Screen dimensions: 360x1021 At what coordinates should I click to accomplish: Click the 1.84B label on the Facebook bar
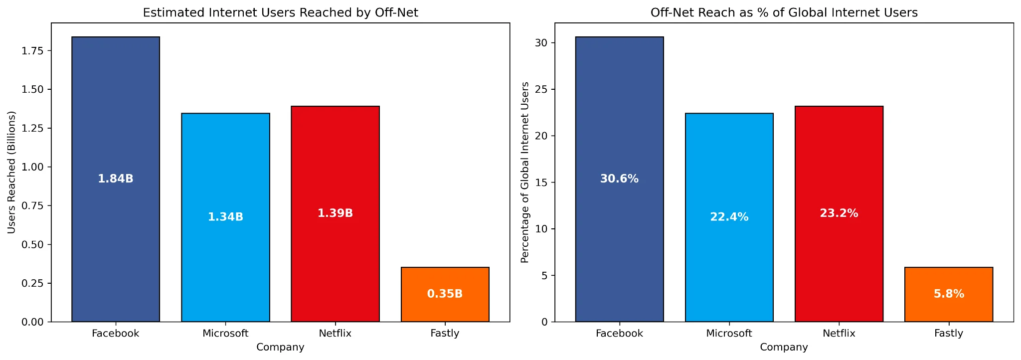tap(116, 179)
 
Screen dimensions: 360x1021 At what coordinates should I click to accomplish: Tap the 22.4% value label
tap(729, 217)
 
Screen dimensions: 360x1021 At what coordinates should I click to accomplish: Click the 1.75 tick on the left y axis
tap(33, 51)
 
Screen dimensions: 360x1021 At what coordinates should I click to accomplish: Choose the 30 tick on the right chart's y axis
tap(541, 43)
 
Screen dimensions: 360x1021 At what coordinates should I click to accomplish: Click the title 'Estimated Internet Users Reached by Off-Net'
tap(280, 12)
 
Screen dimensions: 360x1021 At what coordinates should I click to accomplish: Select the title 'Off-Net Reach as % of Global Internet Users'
tap(784, 12)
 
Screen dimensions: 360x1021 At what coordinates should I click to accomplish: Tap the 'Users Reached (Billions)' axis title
tap(11, 172)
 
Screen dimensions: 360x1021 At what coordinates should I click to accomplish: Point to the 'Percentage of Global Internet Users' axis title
tap(524, 172)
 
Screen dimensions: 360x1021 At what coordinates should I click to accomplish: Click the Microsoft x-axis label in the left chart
tap(225, 334)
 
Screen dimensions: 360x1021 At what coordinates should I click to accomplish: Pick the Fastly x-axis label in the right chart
tap(948, 334)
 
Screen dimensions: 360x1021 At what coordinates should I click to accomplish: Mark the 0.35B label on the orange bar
tap(445, 294)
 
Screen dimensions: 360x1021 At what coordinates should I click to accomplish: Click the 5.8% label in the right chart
tap(948, 294)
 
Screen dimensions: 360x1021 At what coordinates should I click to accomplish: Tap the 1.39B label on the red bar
tap(335, 213)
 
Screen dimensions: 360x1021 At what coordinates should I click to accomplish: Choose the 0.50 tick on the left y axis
tap(33, 245)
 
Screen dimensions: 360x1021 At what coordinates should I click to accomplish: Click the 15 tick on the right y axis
tap(541, 182)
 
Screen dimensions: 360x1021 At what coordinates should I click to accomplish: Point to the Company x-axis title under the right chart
tap(784, 347)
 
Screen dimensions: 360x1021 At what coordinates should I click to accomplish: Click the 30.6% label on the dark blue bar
tap(619, 179)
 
